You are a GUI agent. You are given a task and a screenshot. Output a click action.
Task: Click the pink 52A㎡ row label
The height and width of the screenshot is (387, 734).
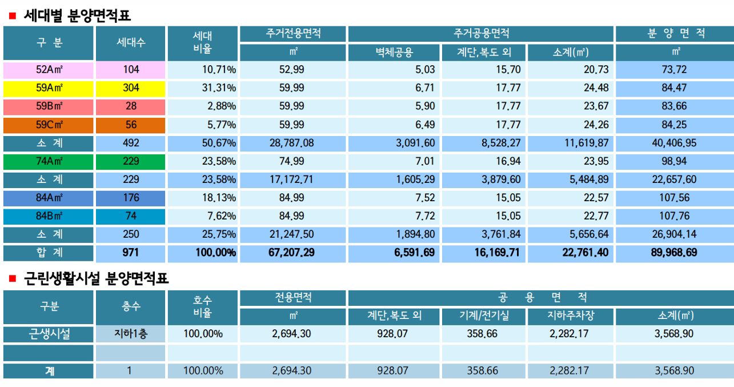[49, 70]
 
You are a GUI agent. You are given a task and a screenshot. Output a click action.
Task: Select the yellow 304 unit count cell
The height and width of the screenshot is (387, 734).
[131, 89]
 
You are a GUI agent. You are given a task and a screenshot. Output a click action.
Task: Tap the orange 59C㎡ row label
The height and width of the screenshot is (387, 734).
[49, 125]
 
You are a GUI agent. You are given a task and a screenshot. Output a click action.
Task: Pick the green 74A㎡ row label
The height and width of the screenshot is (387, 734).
[49, 162]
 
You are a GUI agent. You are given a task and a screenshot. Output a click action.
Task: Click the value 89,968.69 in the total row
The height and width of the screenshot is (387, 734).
[675, 253]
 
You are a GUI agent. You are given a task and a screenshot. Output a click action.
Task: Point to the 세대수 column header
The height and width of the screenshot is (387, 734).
[131, 43]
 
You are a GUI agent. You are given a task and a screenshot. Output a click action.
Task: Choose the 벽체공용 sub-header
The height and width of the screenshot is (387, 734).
[394, 53]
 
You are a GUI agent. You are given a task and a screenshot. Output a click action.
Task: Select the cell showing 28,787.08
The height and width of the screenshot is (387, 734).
[292, 143]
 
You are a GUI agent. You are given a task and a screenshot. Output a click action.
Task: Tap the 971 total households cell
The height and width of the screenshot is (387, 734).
[131, 253]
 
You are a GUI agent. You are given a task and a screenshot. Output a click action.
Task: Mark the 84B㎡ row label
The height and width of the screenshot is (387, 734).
[49, 217]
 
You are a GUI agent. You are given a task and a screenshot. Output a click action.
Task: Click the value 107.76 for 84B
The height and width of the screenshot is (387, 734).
[675, 217]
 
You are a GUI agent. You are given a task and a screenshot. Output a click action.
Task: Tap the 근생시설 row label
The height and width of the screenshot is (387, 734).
[49, 334]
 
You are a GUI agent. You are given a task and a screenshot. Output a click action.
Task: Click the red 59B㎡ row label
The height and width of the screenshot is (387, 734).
[49, 107]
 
